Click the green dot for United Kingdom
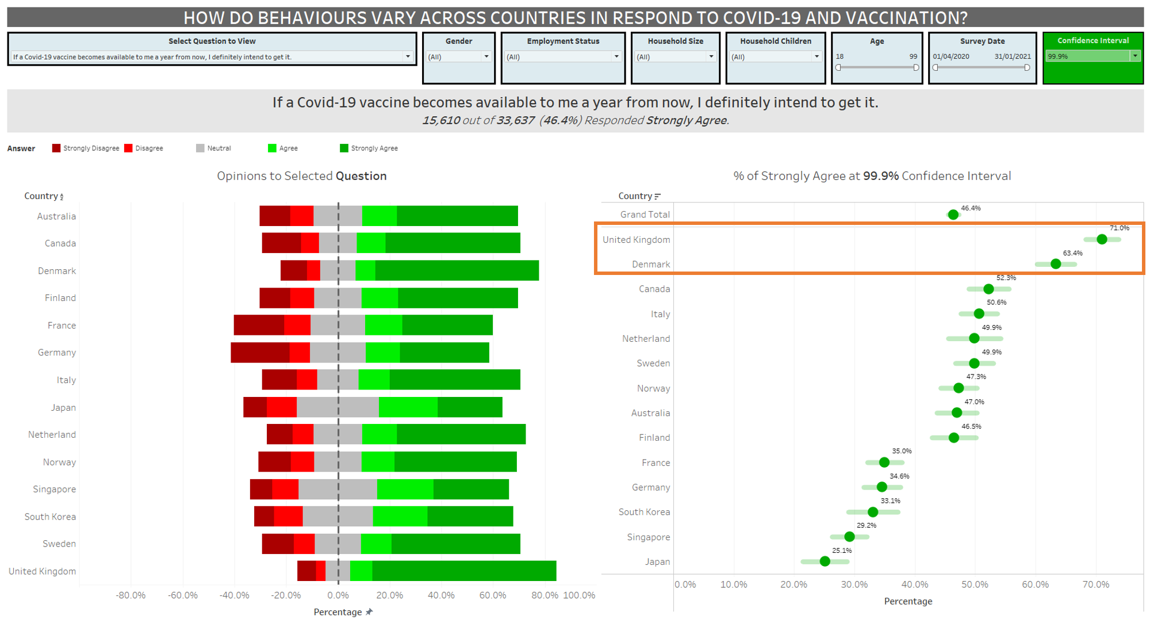pos(1101,239)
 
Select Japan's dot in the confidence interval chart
pos(825,561)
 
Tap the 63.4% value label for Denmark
pos(1072,253)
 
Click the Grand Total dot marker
pos(953,215)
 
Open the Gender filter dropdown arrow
pos(486,56)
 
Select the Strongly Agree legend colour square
pos(344,148)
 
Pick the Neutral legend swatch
pos(200,148)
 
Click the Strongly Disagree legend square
pos(56,148)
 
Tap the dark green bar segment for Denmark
pos(457,270)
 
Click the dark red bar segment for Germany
pos(260,353)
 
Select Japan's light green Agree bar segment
pos(408,407)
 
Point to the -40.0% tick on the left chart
pos(235,595)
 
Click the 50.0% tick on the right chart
pos(975,584)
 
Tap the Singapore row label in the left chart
pos(54,489)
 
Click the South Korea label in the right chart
pos(644,512)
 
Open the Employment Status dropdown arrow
pos(616,56)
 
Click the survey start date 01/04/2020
pos(951,56)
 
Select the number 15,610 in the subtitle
pos(441,120)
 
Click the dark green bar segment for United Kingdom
pos(464,571)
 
